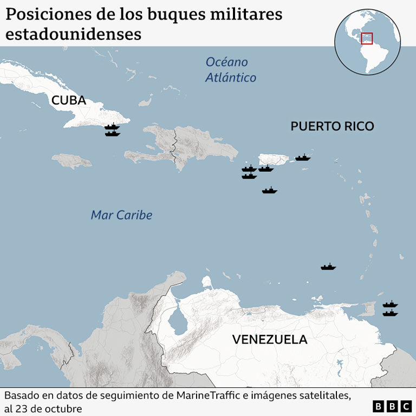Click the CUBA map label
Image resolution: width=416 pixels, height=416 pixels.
coord(69,100)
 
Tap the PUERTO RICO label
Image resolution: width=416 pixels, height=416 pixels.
coord(332,126)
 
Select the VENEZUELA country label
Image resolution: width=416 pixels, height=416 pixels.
coord(270,340)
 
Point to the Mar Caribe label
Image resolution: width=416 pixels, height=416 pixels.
coord(121,215)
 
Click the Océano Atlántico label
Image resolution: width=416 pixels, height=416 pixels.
coord(230,70)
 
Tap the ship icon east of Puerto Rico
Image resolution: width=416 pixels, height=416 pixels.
coord(303,158)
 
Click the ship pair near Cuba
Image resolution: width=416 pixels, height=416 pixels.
coord(112,130)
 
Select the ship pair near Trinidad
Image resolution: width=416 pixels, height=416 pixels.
coord(390,308)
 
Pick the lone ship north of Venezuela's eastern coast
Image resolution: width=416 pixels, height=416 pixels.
coord(328,266)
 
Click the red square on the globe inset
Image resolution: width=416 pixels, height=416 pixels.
coord(367,38)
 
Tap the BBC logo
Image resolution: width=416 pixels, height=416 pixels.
coord(393,406)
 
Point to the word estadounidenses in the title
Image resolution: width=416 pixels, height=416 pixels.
coord(74,34)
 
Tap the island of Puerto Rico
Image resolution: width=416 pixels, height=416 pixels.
coord(274,159)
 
